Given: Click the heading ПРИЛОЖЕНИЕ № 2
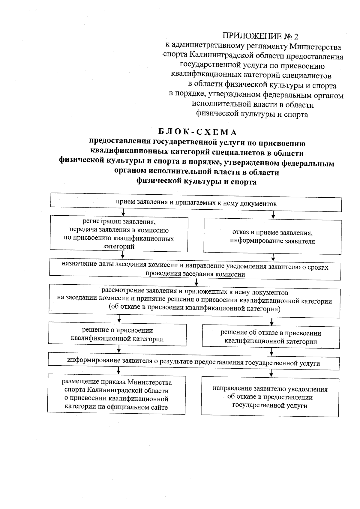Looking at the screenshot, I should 260,36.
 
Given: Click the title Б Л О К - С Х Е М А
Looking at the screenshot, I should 197,132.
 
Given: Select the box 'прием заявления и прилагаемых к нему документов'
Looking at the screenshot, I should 196,203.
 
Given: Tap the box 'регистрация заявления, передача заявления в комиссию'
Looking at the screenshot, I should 119,234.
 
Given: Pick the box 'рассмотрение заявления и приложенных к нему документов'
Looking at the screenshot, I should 194,300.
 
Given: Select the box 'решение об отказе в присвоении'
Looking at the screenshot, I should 271,337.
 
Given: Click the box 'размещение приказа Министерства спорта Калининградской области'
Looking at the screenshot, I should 116,394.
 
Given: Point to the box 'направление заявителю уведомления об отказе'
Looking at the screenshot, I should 270,397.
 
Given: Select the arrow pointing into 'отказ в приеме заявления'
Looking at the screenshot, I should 273,215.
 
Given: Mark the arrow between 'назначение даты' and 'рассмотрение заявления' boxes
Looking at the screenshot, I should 196,282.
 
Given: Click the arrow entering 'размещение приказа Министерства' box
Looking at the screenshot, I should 119,371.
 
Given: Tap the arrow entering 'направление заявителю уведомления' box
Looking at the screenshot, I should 271,373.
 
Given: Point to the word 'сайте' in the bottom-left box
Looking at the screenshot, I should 159,407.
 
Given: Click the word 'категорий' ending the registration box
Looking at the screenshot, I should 119,247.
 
